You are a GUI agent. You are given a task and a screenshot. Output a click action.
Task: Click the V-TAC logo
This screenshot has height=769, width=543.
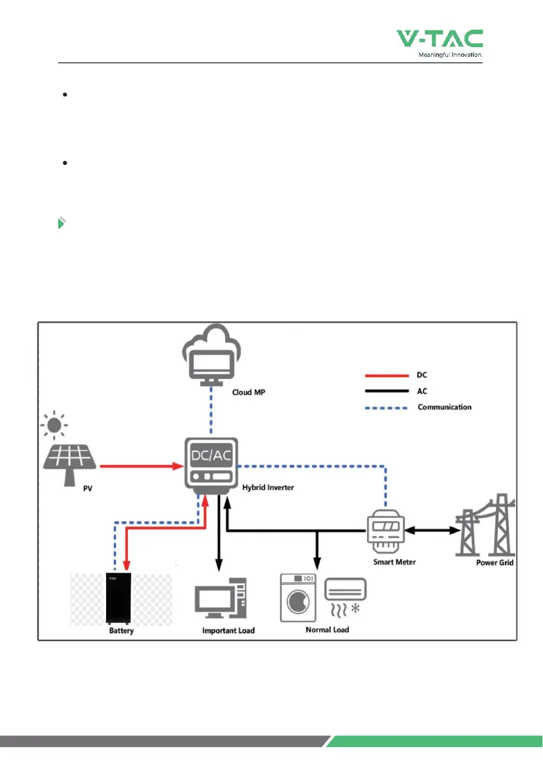coord(440,39)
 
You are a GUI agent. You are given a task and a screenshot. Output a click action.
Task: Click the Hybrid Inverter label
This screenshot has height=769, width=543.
coord(268,487)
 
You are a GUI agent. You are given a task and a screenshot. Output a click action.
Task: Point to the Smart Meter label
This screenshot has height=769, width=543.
coord(394,562)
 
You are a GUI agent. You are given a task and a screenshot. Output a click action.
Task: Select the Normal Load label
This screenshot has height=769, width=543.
coord(327,630)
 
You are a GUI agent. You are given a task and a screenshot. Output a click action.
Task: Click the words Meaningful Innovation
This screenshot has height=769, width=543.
coord(447,55)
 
